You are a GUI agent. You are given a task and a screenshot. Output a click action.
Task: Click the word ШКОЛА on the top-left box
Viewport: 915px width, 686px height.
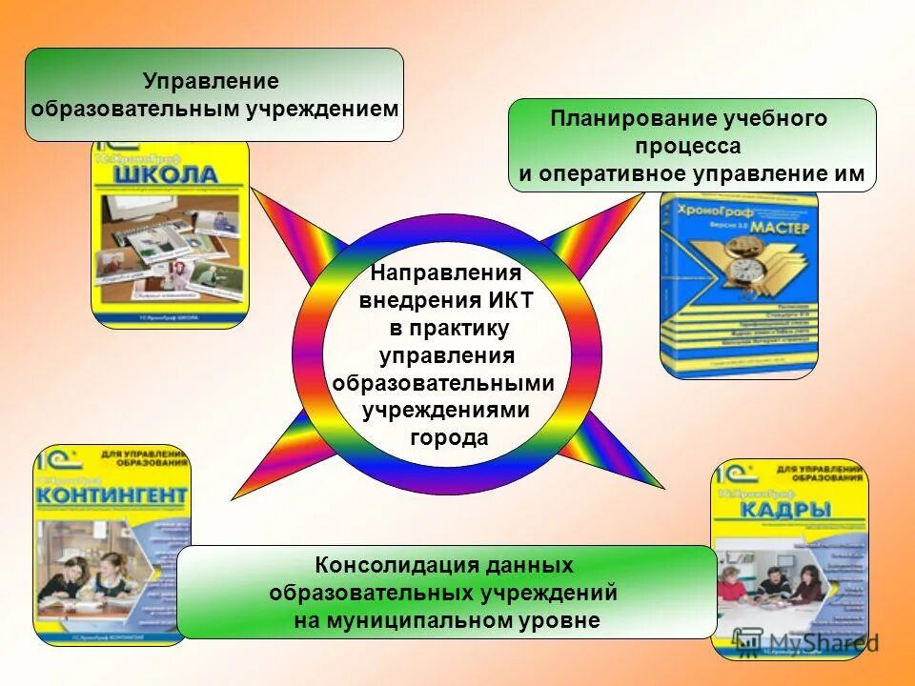click(167, 176)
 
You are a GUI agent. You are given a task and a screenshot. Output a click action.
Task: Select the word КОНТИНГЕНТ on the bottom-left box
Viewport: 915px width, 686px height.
click(112, 497)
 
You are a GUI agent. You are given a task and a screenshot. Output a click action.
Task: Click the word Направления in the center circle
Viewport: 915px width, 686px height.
click(446, 274)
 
